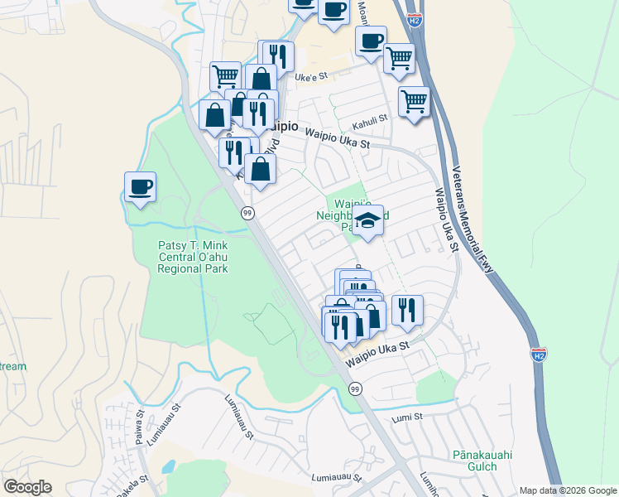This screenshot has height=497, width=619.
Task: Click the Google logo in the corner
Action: (x=27, y=487)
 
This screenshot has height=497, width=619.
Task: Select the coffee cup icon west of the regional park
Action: (x=140, y=186)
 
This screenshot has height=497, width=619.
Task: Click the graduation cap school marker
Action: (x=368, y=220)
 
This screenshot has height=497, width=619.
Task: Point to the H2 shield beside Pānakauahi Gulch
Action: (x=538, y=354)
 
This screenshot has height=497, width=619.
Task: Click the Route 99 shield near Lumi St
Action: (x=355, y=388)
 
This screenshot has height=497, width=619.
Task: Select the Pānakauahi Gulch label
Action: (x=474, y=460)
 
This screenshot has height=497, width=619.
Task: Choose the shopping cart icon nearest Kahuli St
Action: (x=414, y=102)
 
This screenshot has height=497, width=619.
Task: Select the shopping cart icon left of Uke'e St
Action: (x=225, y=76)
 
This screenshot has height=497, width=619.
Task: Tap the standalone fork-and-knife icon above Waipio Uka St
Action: (x=406, y=311)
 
